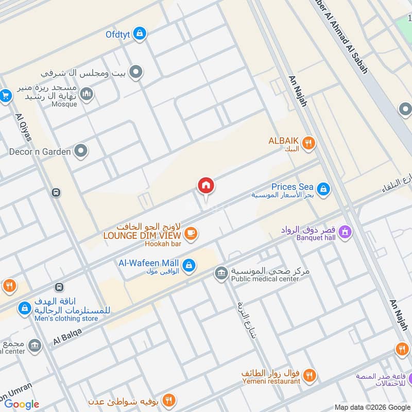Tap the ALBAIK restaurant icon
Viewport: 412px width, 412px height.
point(308,143)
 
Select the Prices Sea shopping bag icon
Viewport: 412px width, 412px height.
point(323,189)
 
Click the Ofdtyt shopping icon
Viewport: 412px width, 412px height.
point(139,34)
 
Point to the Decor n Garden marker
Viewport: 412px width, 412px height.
point(80,151)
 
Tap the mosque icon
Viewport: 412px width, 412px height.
point(87,94)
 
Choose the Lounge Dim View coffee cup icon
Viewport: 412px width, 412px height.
point(191,233)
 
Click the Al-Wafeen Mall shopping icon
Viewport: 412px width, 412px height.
point(189,265)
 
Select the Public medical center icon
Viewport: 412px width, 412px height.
point(221,273)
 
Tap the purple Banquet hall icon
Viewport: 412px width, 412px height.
point(345,232)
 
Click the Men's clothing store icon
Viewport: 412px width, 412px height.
point(24,308)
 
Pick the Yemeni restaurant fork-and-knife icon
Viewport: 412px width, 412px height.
point(309,375)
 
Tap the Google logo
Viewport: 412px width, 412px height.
point(22,404)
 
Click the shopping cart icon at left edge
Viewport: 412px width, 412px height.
point(6,96)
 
